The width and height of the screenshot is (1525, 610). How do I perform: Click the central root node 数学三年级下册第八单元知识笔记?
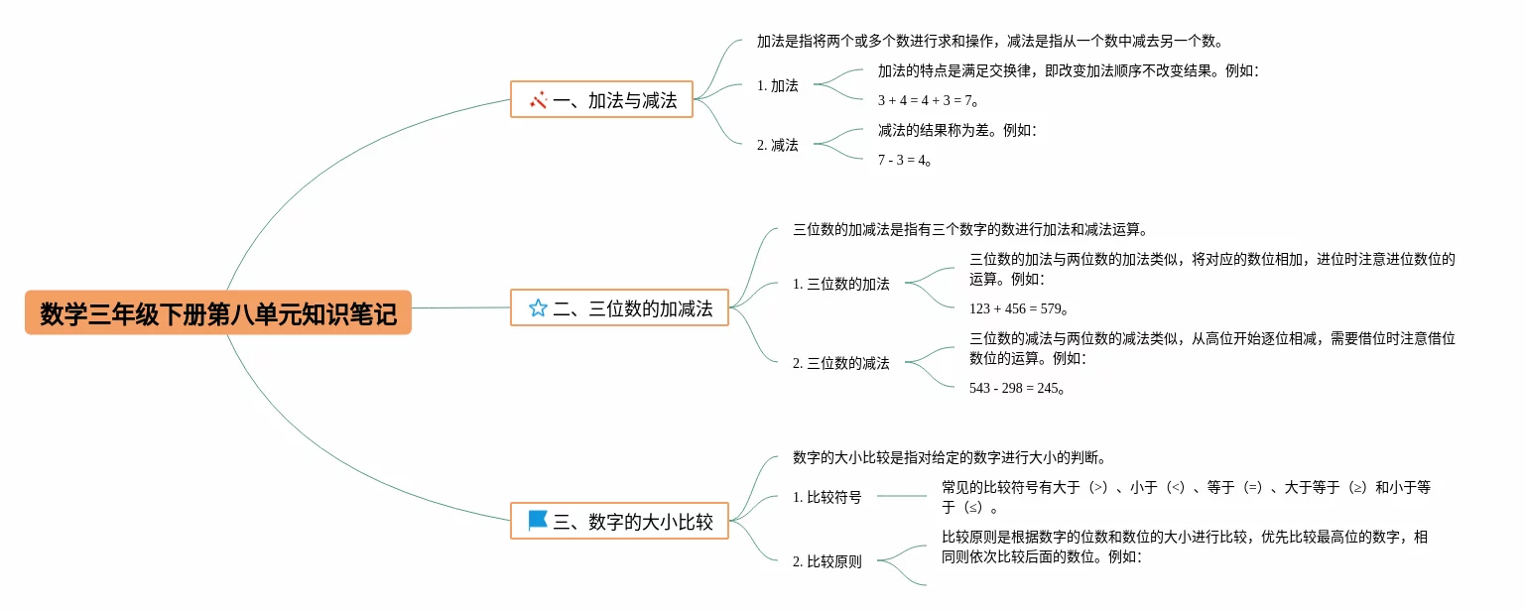click(217, 312)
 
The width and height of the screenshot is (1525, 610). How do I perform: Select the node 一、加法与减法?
click(601, 100)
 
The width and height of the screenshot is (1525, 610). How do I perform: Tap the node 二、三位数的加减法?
click(619, 308)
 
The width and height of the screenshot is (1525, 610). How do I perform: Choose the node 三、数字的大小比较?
click(619, 521)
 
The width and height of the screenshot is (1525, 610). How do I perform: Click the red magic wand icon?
click(539, 100)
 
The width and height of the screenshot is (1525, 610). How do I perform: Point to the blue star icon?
click(538, 308)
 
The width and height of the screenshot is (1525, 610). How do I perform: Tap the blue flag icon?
click(538, 520)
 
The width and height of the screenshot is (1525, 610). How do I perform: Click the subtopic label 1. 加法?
click(778, 85)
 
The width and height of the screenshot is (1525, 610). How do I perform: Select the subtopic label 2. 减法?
click(778, 145)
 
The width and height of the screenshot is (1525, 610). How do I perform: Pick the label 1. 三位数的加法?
click(841, 284)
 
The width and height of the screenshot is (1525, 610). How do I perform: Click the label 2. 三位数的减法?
click(841, 363)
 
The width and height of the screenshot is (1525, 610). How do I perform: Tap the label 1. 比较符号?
click(827, 497)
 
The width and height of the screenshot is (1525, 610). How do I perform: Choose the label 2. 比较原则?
click(827, 561)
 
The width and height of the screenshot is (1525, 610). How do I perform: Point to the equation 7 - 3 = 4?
click(905, 160)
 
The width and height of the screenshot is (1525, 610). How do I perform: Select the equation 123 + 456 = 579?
click(1018, 308)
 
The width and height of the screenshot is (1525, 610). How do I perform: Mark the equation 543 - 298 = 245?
click(1017, 388)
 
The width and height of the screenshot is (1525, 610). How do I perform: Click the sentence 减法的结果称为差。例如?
click(956, 130)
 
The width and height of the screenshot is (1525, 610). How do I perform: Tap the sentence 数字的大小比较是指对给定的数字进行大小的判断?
click(949, 457)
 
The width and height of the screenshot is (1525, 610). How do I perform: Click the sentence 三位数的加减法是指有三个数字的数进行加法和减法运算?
click(970, 229)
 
